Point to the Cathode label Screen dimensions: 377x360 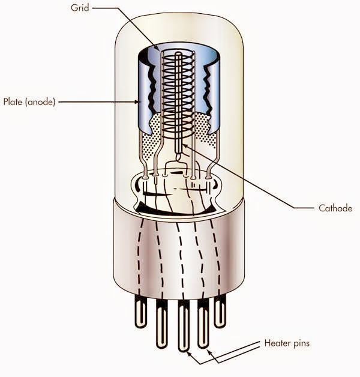[x=334, y=208]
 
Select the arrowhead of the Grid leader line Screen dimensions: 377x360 [x=157, y=47]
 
